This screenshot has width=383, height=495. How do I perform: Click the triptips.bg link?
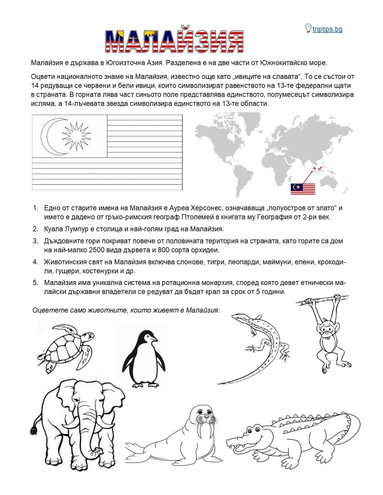click(x=327, y=29)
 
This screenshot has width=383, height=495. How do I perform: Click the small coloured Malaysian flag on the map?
click(x=303, y=189)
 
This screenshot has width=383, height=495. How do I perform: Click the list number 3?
click(x=35, y=241)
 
